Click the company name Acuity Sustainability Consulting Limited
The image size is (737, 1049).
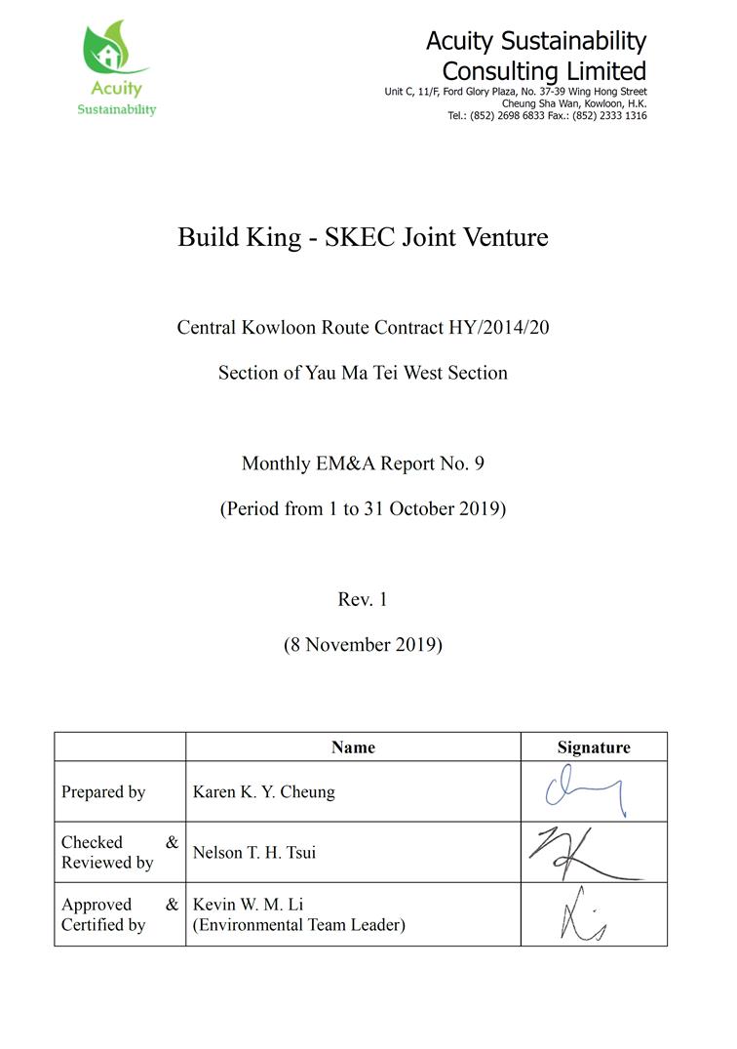click(536, 56)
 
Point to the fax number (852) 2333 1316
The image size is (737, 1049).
click(611, 115)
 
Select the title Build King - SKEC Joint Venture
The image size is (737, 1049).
click(363, 237)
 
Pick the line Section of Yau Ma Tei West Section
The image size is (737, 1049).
click(363, 373)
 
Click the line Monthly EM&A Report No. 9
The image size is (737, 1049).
click(363, 464)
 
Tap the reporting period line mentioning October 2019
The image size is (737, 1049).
click(363, 508)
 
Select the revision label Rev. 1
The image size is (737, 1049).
click(363, 599)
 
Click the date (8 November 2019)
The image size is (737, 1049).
click(363, 644)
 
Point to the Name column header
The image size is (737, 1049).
click(353, 747)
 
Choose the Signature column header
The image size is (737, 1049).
click(594, 747)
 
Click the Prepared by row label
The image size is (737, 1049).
click(103, 792)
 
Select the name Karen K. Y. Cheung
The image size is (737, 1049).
click(263, 792)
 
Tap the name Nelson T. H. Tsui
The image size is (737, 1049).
click(254, 853)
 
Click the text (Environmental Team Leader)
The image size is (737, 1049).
click(298, 925)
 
